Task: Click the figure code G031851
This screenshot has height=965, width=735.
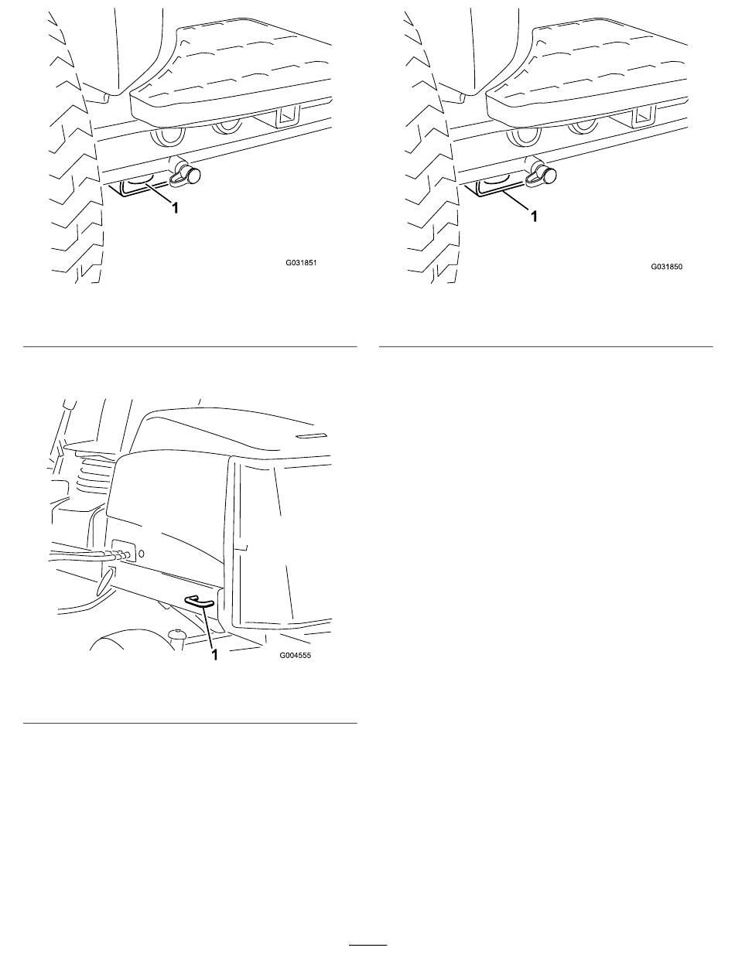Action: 301,263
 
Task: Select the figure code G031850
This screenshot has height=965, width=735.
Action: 667,267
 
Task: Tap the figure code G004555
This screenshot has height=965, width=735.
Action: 295,655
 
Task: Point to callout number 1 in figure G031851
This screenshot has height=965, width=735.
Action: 175,207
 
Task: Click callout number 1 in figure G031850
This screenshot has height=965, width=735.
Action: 535,216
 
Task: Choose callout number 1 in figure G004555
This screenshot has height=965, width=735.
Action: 214,655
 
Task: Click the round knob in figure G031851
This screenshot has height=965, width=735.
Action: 192,176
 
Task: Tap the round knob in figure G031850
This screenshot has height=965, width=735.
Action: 548,176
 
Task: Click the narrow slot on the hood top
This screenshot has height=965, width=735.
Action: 312,435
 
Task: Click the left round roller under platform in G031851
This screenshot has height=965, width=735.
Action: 168,137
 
